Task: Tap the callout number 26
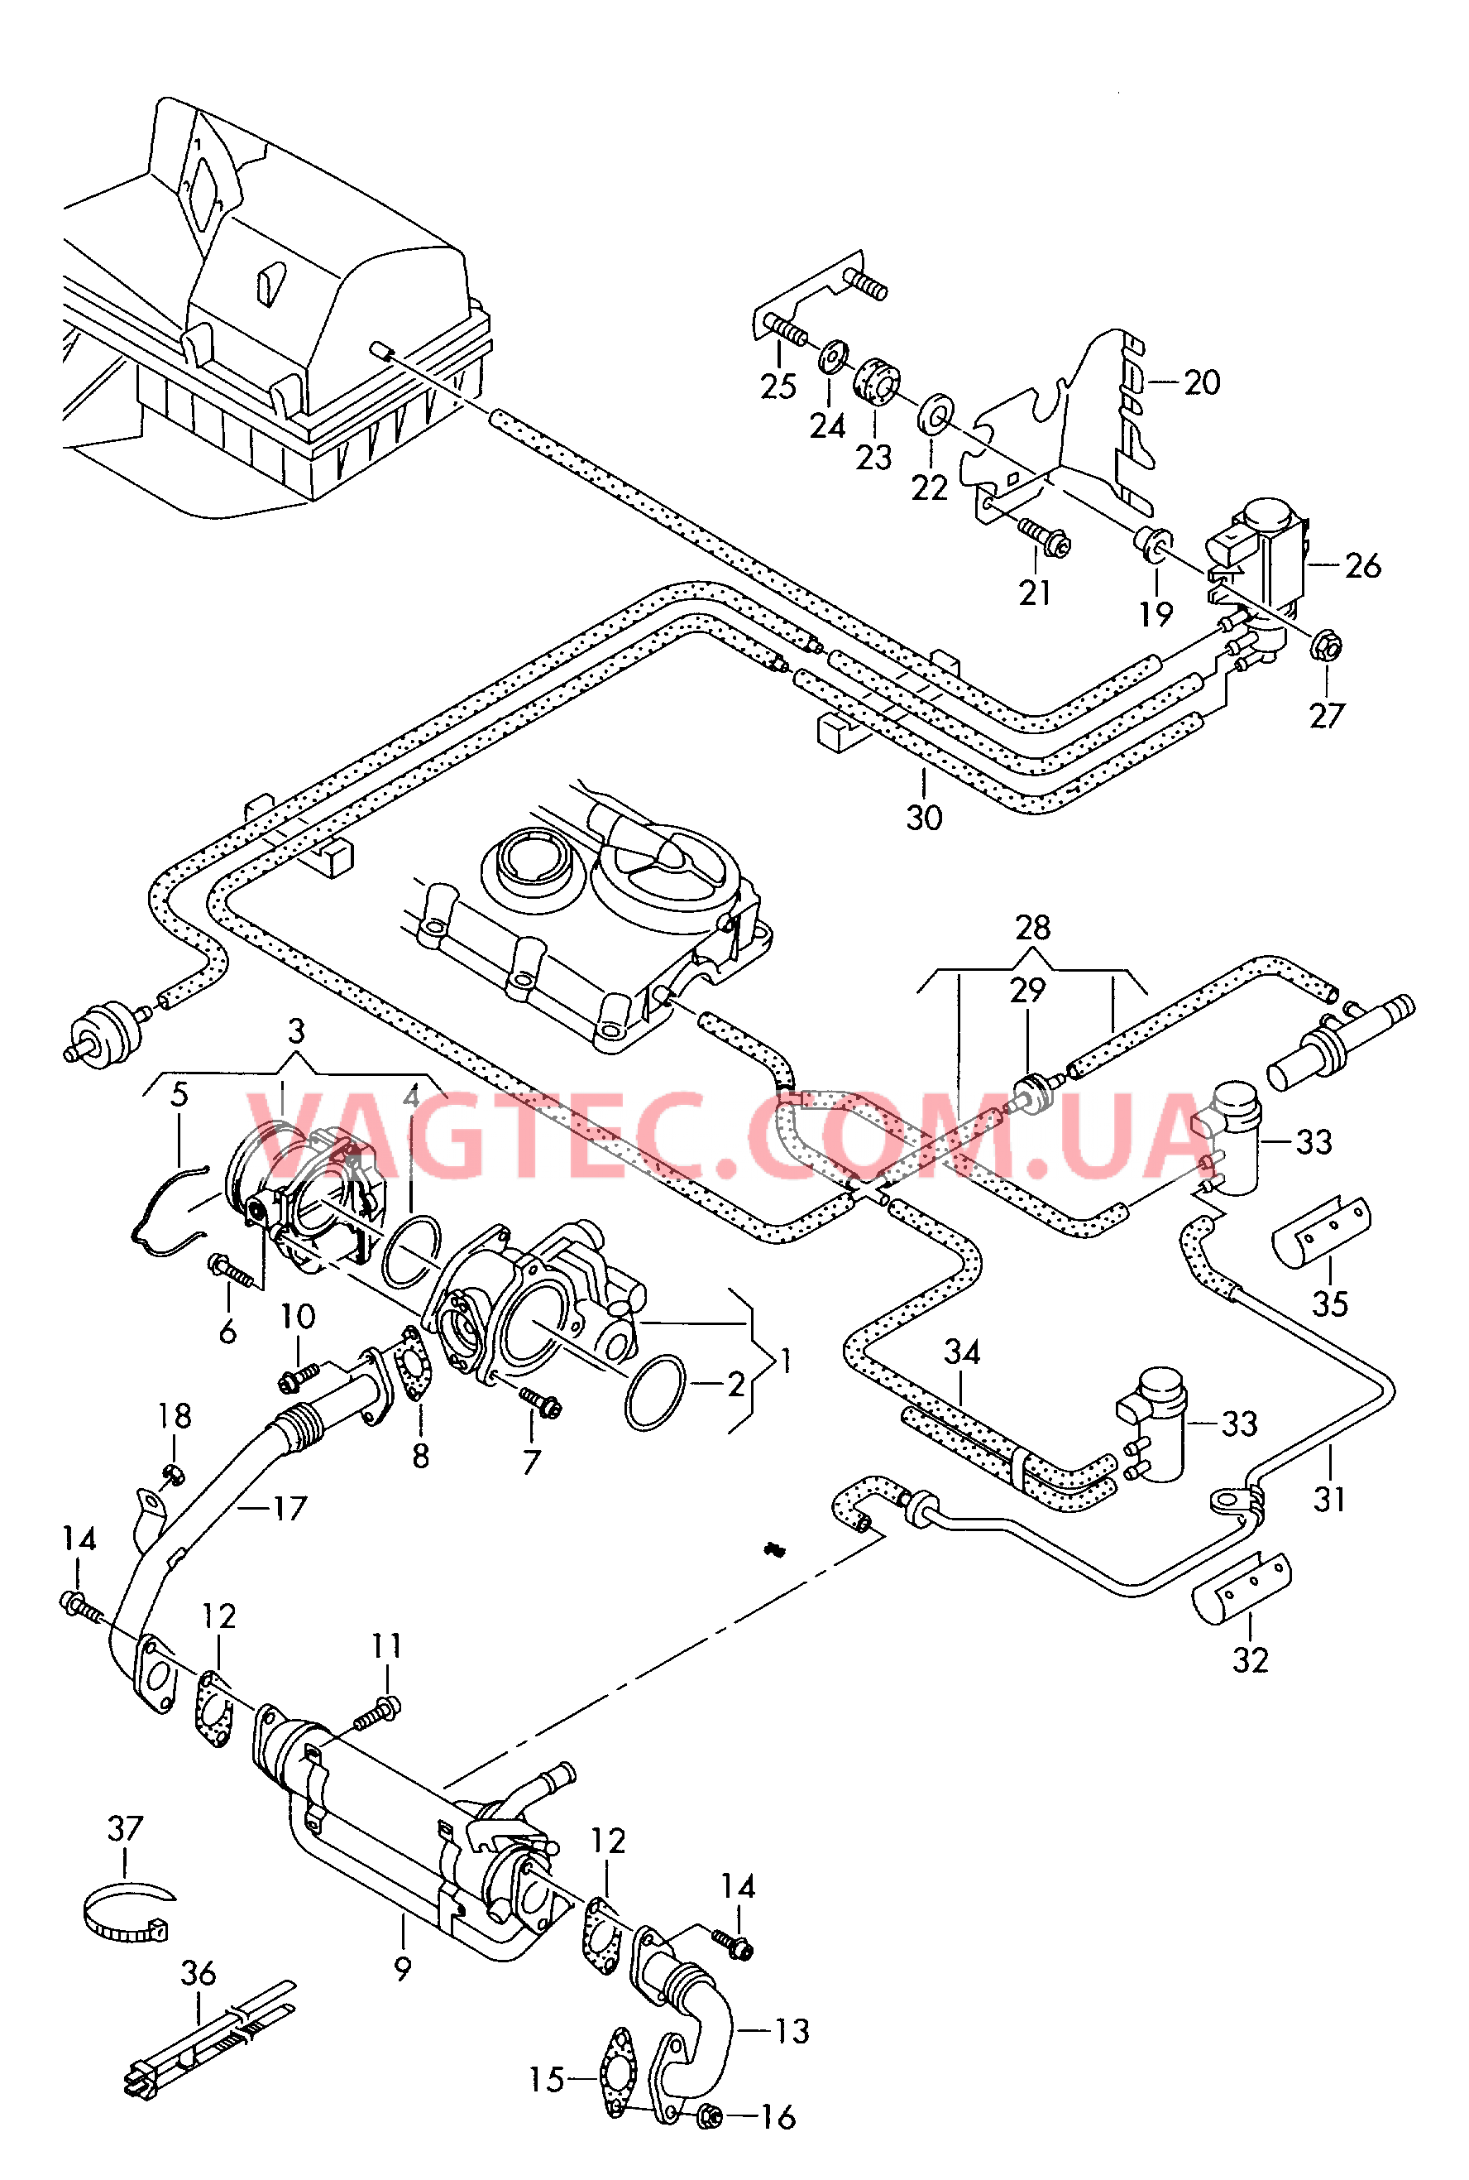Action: tap(1362, 566)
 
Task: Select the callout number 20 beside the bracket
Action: tap(1202, 382)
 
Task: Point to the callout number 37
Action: tap(126, 1828)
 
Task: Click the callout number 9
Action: tap(403, 1969)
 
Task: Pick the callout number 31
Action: tap(1328, 1500)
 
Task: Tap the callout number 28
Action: tap(1032, 928)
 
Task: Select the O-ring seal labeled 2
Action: tap(655, 1392)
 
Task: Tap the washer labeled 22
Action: tap(934, 412)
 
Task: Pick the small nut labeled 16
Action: tap(709, 2115)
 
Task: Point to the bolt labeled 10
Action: tap(299, 1376)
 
